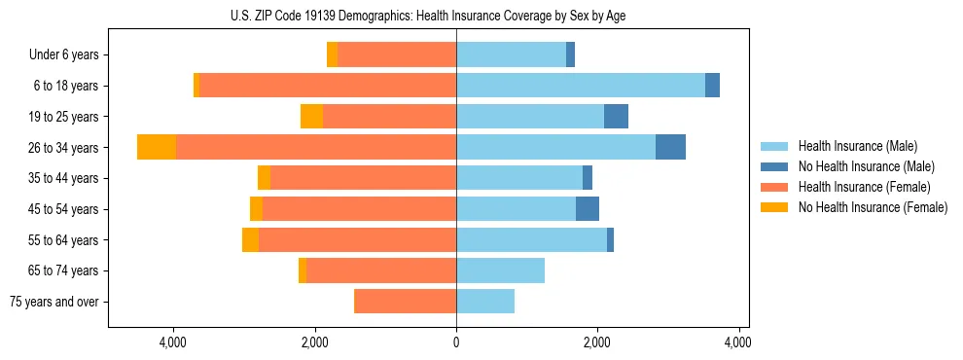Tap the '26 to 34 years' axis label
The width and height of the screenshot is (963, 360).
(x=64, y=148)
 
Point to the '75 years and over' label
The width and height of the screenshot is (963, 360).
(x=54, y=302)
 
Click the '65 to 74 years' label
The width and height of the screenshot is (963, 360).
(x=64, y=270)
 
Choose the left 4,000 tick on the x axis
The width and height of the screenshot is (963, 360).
(x=173, y=342)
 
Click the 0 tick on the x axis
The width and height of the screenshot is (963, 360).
(x=456, y=342)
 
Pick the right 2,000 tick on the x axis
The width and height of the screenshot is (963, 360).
(x=597, y=342)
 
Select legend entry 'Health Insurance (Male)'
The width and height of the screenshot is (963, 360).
(x=857, y=146)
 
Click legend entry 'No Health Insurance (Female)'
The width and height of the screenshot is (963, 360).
(x=873, y=207)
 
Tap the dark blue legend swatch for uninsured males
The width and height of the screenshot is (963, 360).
(x=774, y=166)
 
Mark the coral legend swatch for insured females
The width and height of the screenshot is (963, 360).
(x=774, y=187)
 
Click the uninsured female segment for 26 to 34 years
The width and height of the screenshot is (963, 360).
(x=157, y=147)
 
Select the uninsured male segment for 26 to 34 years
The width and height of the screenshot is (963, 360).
(x=670, y=147)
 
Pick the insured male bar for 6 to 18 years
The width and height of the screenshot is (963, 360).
(x=581, y=86)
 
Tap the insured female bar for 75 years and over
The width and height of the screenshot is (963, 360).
(x=405, y=302)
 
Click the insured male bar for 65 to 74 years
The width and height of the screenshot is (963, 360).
(x=500, y=270)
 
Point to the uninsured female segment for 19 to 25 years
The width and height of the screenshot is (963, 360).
(x=311, y=117)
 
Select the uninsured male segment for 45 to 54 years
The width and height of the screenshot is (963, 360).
(x=588, y=209)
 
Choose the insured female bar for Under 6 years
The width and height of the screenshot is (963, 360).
(x=397, y=55)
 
